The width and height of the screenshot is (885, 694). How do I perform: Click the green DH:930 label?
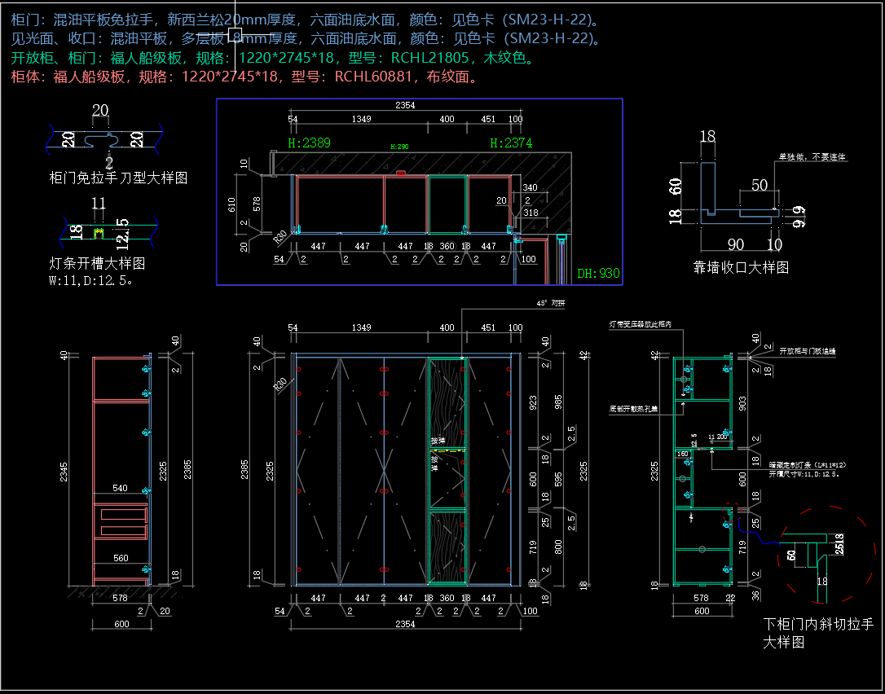coord(598,274)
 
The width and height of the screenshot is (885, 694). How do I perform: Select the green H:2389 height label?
coord(310,143)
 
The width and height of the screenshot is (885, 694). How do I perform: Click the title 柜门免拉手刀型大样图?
coord(118,177)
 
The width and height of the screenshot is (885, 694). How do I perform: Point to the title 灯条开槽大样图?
coord(97,264)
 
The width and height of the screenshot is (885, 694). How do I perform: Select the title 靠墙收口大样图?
coord(741,267)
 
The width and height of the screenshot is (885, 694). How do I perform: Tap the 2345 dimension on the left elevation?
coord(64,470)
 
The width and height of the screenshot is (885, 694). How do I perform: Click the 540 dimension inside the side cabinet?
coord(120,488)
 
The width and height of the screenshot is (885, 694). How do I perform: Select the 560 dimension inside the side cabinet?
coord(120,558)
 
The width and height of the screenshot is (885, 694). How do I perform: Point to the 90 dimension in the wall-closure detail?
coord(735,244)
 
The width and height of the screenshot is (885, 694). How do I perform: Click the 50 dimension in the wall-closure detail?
coord(760,185)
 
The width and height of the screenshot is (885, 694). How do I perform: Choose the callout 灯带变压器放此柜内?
coord(641,324)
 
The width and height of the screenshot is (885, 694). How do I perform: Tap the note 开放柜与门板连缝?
coord(808,351)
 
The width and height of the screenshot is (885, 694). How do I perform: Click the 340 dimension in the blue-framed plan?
coord(530,188)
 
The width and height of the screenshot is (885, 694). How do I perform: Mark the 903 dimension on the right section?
coord(742,403)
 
